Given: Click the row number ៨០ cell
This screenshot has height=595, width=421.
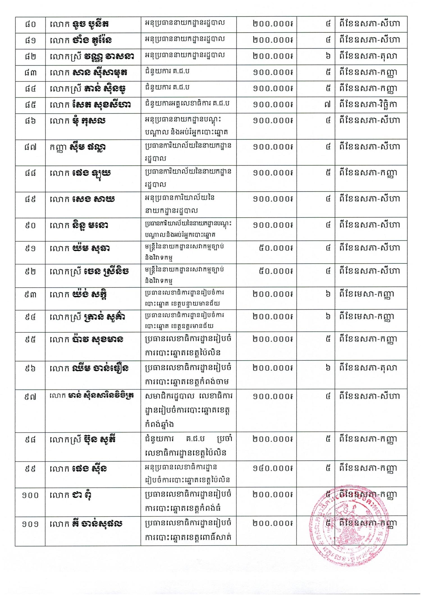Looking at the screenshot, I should pyautogui.click(x=30, y=24).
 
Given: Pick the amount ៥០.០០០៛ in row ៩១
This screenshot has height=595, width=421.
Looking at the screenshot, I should pyautogui.click(x=276, y=248).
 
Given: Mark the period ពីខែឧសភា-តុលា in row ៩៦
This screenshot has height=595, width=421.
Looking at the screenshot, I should pyautogui.click(x=368, y=368).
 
